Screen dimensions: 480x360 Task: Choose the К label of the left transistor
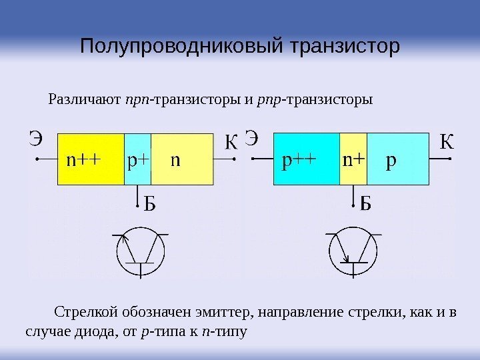coord(231,143)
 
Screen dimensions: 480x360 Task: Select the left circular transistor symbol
coord(141,253)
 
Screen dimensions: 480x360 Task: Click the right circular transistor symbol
coord(354,253)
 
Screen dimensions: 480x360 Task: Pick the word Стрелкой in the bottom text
coord(82,313)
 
